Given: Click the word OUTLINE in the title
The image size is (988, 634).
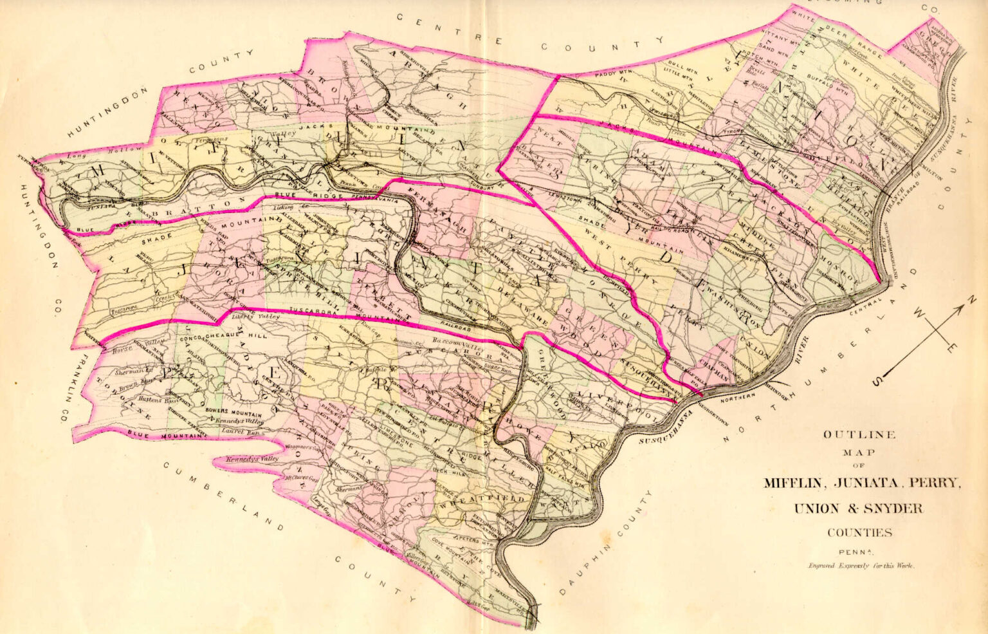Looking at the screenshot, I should coord(859,434).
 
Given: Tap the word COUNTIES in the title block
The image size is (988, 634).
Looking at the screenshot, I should coord(859,532).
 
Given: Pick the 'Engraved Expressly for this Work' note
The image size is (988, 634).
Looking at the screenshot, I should coord(861,566).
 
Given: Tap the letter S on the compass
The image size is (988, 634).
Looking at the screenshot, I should coord(878,382).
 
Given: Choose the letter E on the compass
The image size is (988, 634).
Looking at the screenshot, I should coord(951,348).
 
